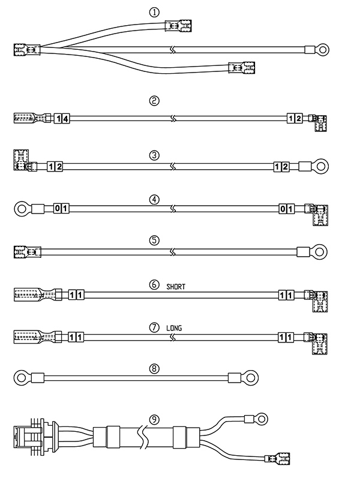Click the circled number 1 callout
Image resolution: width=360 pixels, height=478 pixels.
point(154,12)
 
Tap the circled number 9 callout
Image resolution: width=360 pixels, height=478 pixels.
point(154,420)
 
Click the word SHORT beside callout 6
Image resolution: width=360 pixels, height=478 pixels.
point(176,287)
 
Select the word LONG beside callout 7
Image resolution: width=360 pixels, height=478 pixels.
point(174,328)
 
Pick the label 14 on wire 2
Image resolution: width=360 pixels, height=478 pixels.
point(62,118)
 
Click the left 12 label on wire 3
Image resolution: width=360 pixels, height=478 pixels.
point(55,167)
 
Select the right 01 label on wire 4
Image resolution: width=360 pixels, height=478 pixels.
point(287,209)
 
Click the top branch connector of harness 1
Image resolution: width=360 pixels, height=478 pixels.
point(178,26)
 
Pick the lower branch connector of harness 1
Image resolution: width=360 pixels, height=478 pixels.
point(242,68)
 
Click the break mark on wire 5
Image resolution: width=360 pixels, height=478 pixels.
point(173,252)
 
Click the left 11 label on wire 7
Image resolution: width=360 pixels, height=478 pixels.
point(76,337)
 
